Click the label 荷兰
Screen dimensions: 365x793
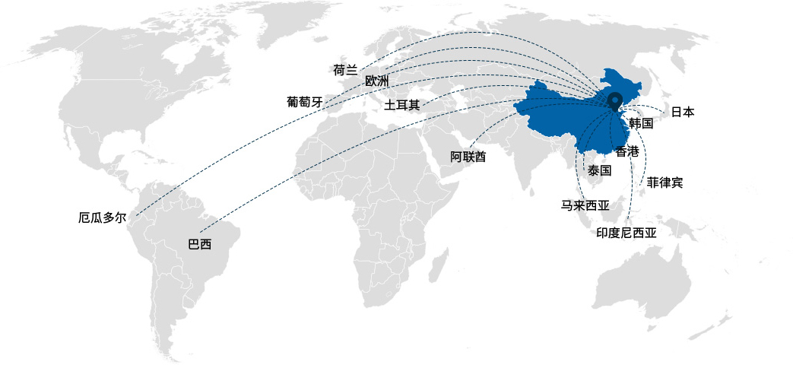click(345, 70)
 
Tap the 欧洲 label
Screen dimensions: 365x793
click(376, 81)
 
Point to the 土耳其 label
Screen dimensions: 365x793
click(402, 104)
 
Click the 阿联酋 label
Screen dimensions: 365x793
click(468, 157)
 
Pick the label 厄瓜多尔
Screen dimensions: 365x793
click(102, 217)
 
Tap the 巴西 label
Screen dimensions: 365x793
click(199, 245)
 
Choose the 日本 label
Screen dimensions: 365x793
click(682, 112)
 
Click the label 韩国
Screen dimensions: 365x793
click(642, 123)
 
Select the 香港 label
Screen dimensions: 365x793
click(627, 151)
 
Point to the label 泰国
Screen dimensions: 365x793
click(600, 170)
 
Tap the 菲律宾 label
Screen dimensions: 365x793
click(665, 182)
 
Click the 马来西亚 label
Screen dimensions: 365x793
click(585, 205)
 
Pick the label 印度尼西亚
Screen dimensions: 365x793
click(626, 233)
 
